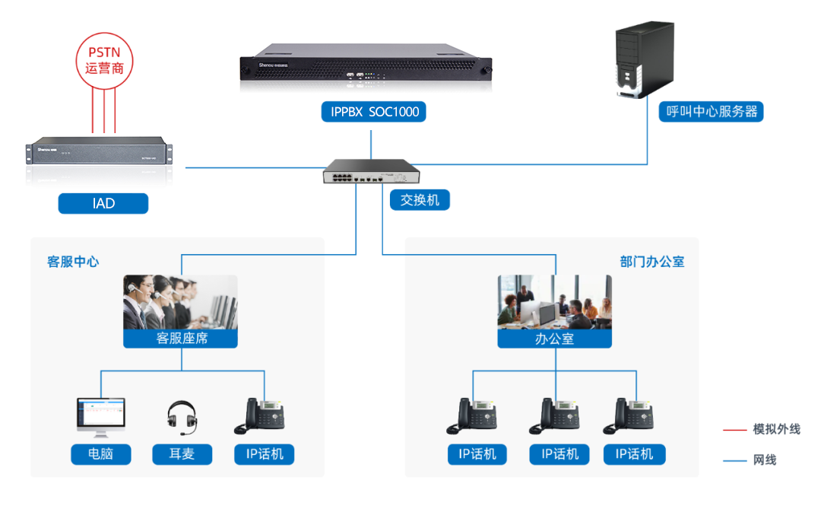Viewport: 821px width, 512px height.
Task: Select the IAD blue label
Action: [x=103, y=203]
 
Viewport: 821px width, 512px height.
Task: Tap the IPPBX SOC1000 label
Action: [x=373, y=112]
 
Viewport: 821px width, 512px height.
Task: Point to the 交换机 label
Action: [x=420, y=201]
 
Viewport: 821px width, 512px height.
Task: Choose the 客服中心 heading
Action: [x=73, y=262]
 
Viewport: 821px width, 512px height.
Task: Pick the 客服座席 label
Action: [x=181, y=338]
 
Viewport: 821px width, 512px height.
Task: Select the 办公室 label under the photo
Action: [x=554, y=339]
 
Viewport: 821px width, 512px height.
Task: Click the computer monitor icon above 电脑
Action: [x=100, y=417]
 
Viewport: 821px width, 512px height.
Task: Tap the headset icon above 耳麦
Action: [x=182, y=418]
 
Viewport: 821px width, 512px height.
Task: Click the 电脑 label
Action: [x=100, y=454]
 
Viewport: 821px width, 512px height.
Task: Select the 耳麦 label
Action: [x=182, y=454]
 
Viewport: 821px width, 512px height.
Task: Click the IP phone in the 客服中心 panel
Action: [x=263, y=416]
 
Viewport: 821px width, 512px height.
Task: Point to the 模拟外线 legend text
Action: [x=776, y=430]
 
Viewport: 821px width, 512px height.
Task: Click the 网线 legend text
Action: [x=765, y=460]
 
